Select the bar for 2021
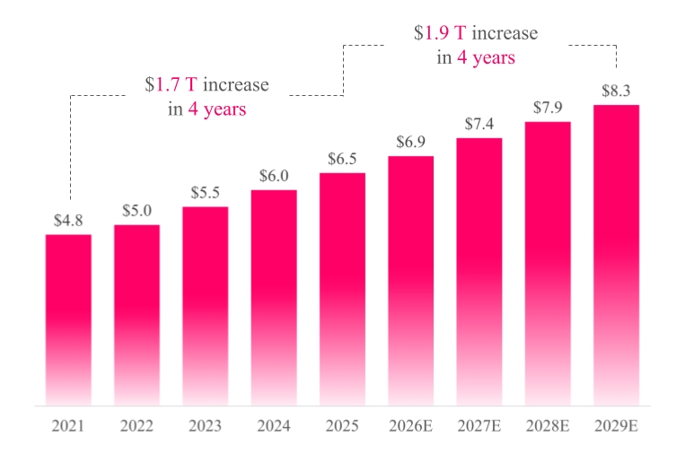point(68,320)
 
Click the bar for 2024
point(274,298)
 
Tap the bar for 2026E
point(410,281)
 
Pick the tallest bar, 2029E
point(617,256)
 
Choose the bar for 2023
point(206,307)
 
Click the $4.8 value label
point(68,221)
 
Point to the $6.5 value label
point(342,159)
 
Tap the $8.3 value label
point(616,91)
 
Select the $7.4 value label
point(479,124)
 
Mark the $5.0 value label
point(136,211)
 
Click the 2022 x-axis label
point(136,426)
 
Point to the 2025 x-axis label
point(342,426)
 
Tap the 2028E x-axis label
point(548,426)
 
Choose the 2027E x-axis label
point(479,426)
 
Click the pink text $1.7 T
point(171,84)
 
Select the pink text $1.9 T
point(440,33)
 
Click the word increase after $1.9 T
point(505,33)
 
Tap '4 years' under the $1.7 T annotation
point(217,109)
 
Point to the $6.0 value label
point(274,176)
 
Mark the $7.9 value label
point(548,108)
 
